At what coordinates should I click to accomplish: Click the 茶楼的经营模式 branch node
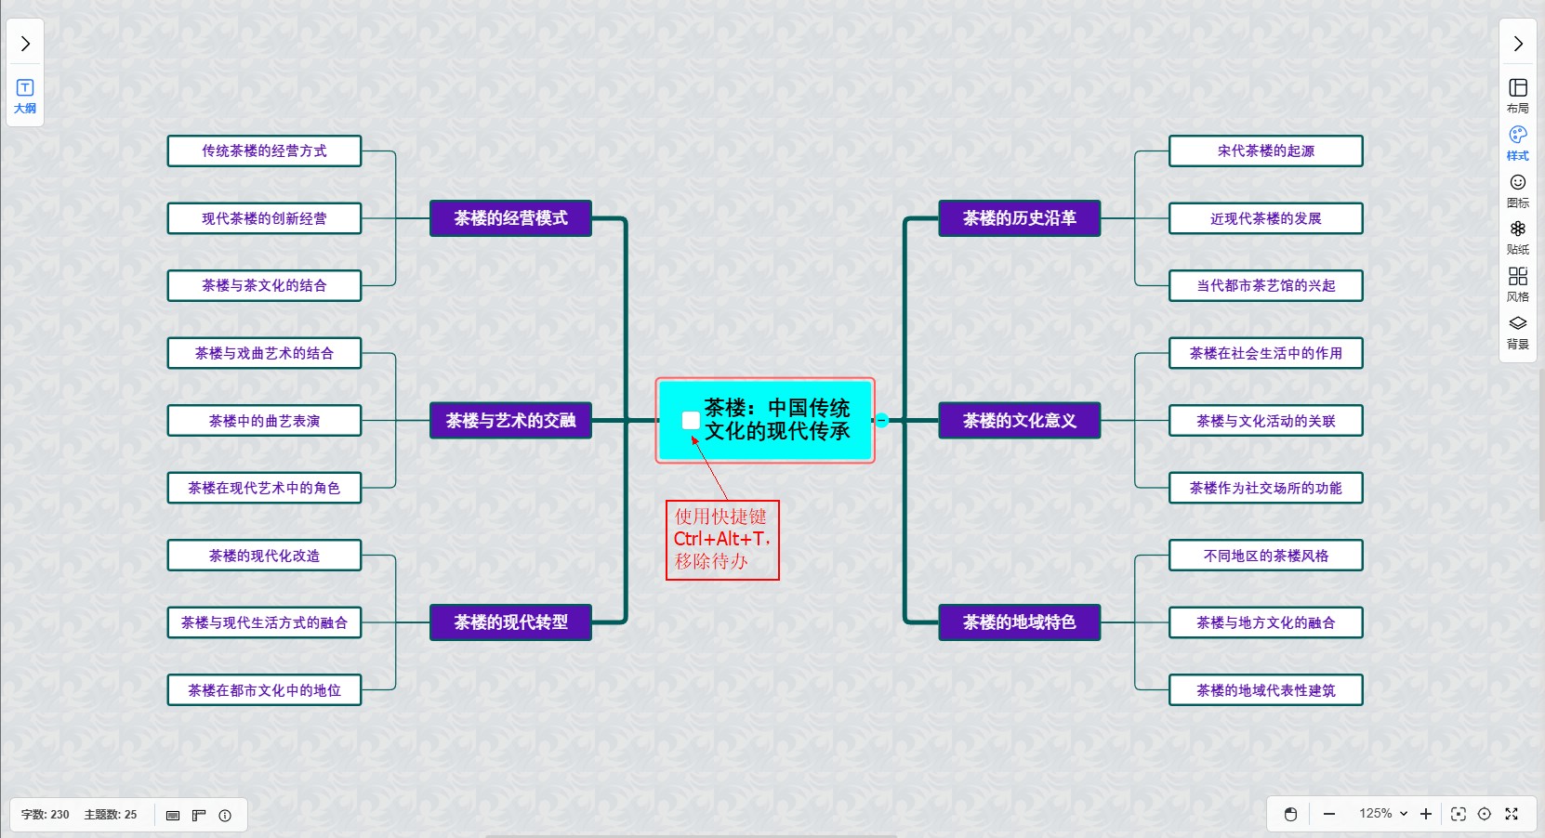pyautogui.click(x=510, y=218)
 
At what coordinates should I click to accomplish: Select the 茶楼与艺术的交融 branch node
pyautogui.click(x=510, y=421)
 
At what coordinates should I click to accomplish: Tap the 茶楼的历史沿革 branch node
pyautogui.click(x=1019, y=218)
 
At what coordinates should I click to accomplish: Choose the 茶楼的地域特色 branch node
pyautogui.click(x=1019, y=622)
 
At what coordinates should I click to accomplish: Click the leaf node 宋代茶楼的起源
pyautogui.click(x=1265, y=151)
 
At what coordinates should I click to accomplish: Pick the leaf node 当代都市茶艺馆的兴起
pyautogui.click(x=1265, y=286)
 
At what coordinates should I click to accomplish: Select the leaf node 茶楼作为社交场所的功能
pyautogui.click(x=1265, y=488)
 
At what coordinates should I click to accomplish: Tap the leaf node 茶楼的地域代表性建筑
pyautogui.click(x=1265, y=690)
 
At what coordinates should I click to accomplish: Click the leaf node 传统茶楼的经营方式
pyautogui.click(x=264, y=151)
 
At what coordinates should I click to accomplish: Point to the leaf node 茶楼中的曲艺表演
pyautogui.click(x=264, y=421)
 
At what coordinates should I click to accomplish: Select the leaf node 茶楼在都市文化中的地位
pyautogui.click(x=264, y=690)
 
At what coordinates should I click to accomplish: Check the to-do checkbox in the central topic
pyautogui.click(x=691, y=421)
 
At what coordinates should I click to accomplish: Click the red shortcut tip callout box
pyautogui.click(x=722, y=540)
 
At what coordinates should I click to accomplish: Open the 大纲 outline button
pyautogui.click(x=25, y=96)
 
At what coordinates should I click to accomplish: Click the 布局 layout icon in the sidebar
pyautogui.click(x=1517, y=95)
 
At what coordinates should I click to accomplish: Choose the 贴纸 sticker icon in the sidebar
pyautogui.click(x=1517, y=236)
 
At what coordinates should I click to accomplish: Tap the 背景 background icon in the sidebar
pyautogui.click(x=1517, y=331)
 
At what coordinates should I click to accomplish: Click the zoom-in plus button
pyautogui.click(x=1426, y=814)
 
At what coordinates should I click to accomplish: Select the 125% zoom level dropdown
pyautogui.click(x=1382, y=814)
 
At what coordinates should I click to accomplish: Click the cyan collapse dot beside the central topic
pyautogui.click(x=882, y=421)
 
